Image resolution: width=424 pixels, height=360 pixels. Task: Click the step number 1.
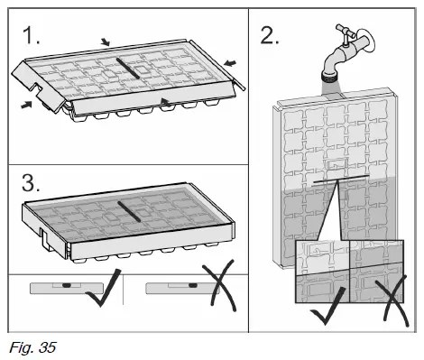[31, 35]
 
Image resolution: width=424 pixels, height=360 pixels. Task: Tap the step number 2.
[270, 35]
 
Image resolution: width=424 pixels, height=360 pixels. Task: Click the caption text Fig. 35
[32, 347]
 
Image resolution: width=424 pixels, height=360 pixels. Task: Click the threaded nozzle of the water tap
[330, 77]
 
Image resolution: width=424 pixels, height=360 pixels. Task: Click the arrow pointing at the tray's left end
[26, 105]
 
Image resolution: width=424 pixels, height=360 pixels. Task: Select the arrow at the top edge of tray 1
[106, 42]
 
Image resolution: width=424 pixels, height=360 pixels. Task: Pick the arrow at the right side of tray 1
[230, 63]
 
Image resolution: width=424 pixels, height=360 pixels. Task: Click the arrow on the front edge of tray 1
[166, 102]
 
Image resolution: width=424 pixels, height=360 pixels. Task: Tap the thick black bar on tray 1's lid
[128, 69]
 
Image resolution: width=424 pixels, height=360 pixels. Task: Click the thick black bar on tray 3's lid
[129, 211]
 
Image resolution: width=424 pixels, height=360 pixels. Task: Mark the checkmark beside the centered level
[104, 291]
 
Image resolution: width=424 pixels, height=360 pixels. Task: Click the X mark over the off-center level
[219, 286]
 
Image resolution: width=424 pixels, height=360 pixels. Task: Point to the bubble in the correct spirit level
[67, 284]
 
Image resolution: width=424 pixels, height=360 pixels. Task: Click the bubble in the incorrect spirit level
[192, 284]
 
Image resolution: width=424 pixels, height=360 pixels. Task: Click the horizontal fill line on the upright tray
[341, 179]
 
